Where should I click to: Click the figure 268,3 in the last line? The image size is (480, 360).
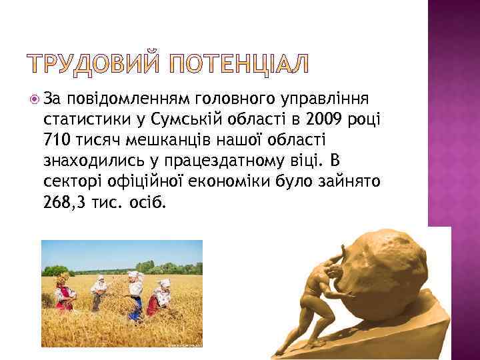tap(65, 201)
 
